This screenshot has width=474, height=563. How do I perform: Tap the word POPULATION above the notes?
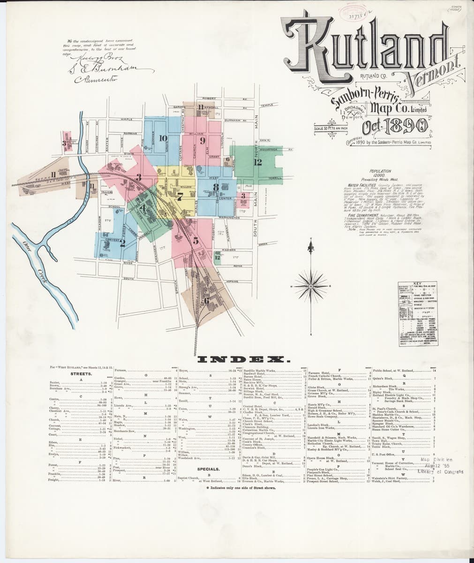coord(380,172)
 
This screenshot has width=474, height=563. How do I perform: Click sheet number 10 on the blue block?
coord(163,138)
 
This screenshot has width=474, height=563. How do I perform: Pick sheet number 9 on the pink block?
coord(203,140)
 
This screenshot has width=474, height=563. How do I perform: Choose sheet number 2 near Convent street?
coord(122,243)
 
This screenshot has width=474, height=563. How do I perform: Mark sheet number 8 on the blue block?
coord(216,188)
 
